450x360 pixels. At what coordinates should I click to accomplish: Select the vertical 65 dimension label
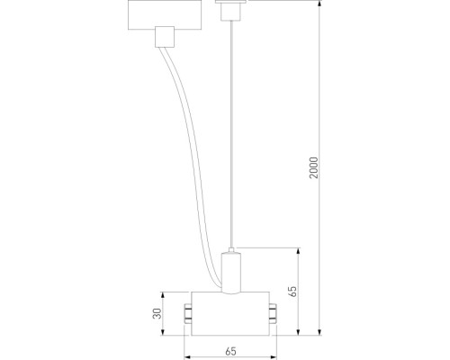click(x=292, y=292)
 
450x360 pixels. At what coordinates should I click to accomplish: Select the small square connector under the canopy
click(x=163, y=36)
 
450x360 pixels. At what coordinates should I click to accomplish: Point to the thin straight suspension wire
click(x=231, y=135)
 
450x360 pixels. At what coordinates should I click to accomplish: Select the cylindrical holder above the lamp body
click(x=231, y=272)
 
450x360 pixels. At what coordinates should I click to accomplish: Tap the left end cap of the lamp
click(x=187, y=314)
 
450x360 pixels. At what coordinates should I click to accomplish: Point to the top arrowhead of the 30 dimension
click(x=164, y=295)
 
